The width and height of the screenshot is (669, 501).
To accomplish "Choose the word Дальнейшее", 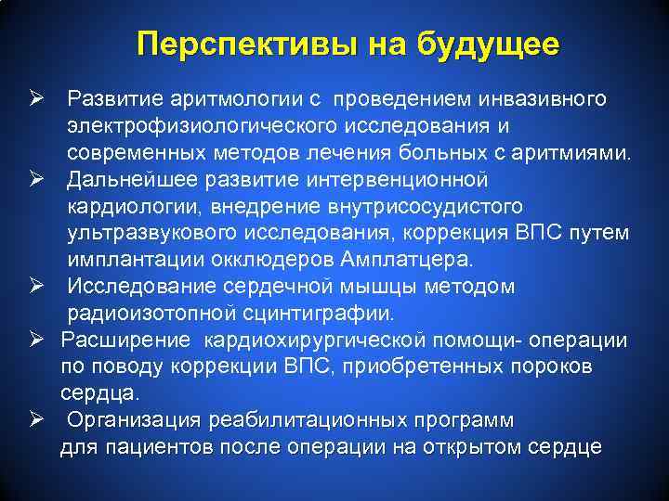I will tap(135, 179).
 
